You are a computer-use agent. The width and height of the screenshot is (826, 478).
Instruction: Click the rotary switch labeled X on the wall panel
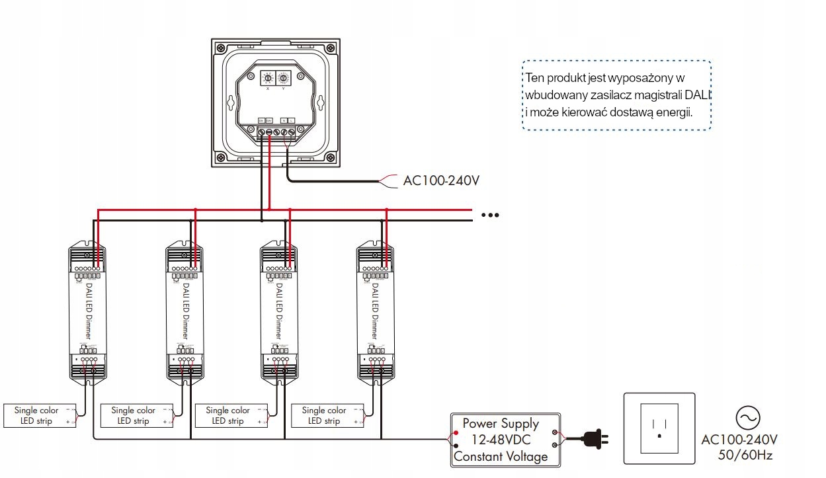pos(268,77)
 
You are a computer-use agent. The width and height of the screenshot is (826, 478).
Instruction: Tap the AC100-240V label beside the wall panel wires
pos(440,180)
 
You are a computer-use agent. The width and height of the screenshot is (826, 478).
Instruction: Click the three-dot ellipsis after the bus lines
pos(490,215)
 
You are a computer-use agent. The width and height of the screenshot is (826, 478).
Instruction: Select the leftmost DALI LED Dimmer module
pos(88,311)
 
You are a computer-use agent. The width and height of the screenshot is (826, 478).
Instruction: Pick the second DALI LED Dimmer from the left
pos(184,311)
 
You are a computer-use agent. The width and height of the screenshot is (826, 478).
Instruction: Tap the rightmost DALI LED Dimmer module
pos(375,311)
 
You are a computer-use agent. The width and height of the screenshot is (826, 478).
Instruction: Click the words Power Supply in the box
pos(500,423)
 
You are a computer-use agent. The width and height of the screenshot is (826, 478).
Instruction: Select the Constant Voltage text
pos(501,456)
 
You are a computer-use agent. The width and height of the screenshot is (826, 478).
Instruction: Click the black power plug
pos(593,438)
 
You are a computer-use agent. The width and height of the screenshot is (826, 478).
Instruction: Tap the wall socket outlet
pos(659,428)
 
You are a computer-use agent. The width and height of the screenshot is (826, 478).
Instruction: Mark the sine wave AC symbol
pos(748,418)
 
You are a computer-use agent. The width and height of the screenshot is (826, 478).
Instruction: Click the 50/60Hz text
pos(745,455)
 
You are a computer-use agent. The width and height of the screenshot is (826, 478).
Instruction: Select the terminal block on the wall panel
pos(276,132)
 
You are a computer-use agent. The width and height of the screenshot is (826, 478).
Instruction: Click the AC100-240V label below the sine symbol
pos(739,440)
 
